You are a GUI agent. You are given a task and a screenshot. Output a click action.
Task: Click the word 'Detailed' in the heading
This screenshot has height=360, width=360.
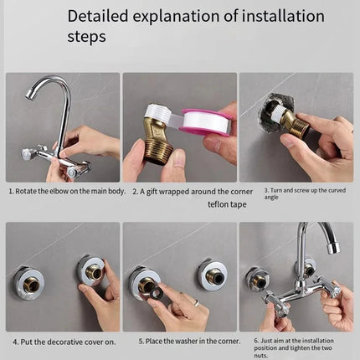[100, 15]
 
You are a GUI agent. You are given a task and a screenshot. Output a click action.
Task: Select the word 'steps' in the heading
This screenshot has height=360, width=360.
[86, 37]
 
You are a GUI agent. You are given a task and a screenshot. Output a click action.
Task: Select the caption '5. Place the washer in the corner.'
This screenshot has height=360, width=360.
[178, 342]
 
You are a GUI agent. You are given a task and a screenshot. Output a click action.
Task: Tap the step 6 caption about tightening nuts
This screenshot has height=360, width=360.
[297, 345]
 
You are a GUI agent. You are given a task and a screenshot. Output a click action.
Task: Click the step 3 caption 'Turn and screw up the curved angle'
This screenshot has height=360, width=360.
[296, 193]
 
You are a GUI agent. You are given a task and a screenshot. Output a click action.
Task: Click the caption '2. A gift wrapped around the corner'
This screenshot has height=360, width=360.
[178, 191]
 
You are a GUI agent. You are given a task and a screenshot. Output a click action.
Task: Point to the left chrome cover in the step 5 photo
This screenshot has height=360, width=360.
[144, 283]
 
